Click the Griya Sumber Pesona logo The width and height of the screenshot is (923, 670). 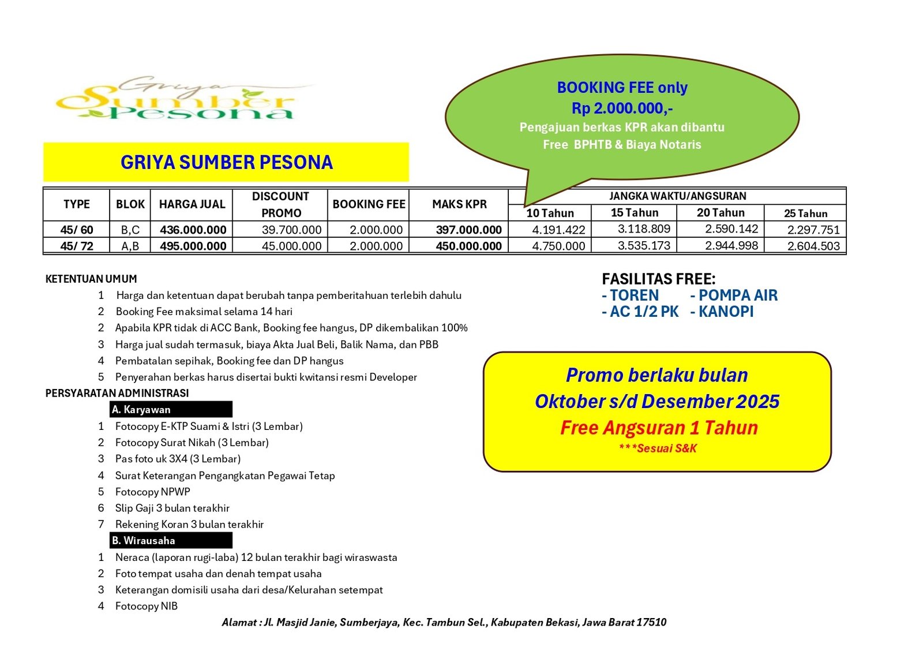coord(179,99)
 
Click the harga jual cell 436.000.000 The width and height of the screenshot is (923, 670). coord(193,230)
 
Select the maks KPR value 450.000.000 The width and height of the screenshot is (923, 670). coord(468,246)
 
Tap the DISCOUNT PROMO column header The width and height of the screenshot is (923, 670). coord(280,204)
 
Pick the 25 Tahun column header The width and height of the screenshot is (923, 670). coord(805,213)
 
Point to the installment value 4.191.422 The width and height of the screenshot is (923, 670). coord(558,230)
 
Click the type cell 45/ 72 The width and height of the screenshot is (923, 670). coord(77,246)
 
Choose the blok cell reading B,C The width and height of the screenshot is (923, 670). coord(130,230)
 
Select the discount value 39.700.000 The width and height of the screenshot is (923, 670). coord(291,230)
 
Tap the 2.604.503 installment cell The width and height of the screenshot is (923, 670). coord(813,246)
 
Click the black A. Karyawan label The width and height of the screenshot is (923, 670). coord(171,409)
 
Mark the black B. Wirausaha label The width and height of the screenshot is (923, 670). coord(171,540)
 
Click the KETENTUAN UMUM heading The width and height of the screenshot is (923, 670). coord(91,279)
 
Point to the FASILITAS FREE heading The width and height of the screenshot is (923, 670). coord(658,279)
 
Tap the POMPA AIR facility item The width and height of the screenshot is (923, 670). coord(734,295)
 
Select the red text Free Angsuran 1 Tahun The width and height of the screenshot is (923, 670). coord(659,428)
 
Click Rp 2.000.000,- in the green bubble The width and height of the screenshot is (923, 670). coord(622,108)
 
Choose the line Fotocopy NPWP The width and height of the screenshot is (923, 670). coord(152,492)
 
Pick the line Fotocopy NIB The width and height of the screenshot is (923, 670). coord(146,606)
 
